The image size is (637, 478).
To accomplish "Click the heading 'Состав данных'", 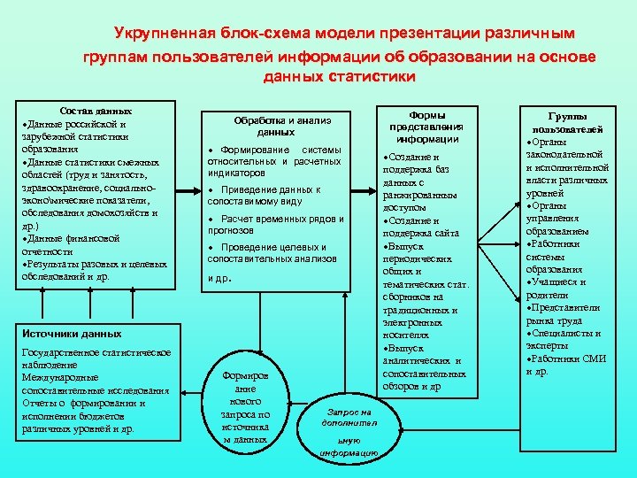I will click(96, 112).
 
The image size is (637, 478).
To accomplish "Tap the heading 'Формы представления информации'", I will click(426, 127).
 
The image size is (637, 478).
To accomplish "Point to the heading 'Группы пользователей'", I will click(574, 122).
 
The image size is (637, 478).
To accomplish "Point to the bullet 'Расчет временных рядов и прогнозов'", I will click(275, 224).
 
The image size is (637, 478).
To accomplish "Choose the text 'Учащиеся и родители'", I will click(558, 289).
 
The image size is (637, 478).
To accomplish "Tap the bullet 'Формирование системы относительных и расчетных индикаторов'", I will click(273, 161).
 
